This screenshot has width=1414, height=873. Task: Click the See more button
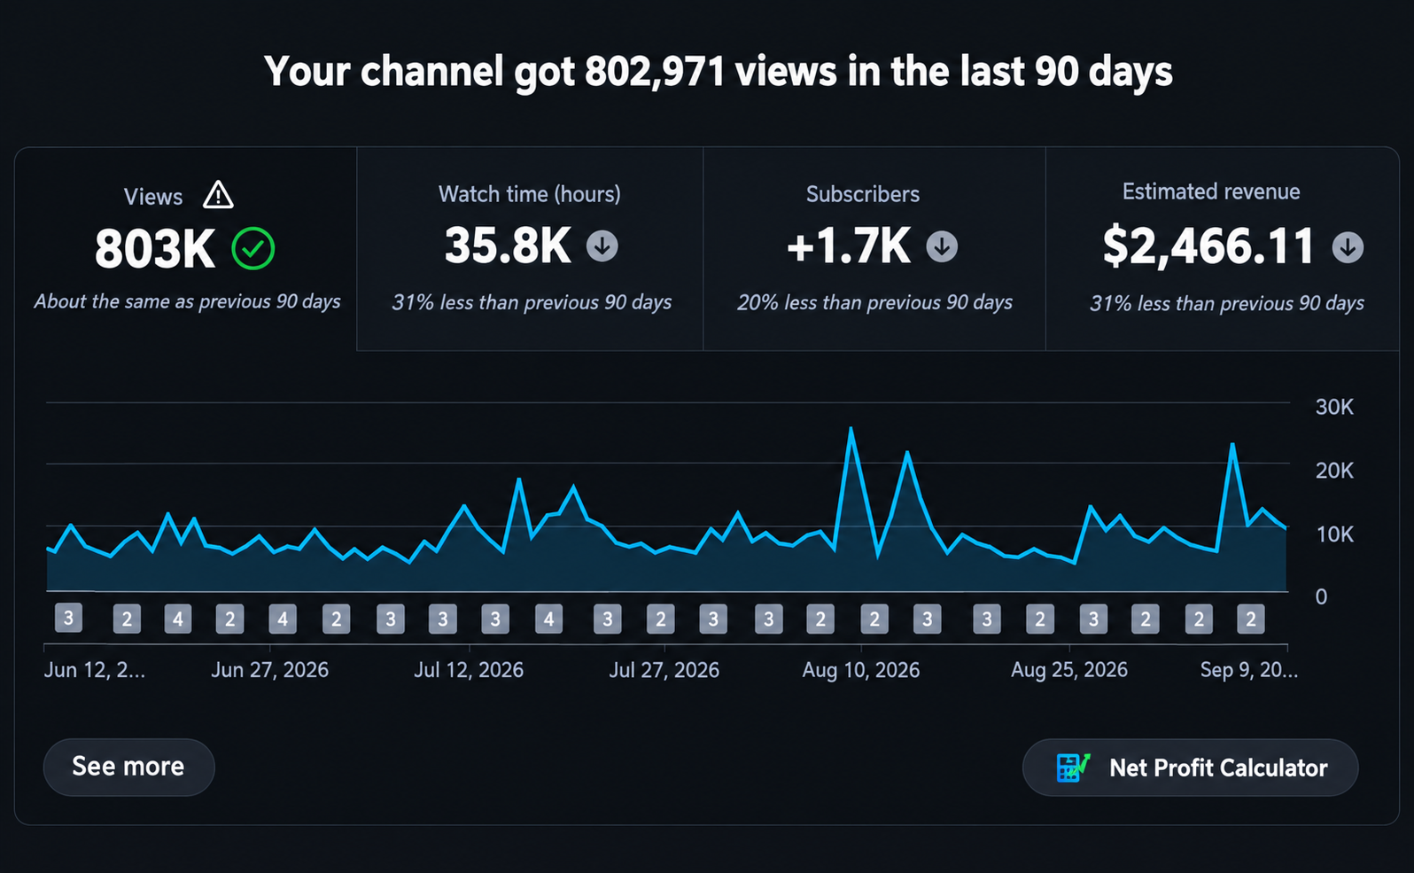(128, 767)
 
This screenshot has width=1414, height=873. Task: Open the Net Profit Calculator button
(1190, 768)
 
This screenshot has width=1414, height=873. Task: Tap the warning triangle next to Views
(219, 195)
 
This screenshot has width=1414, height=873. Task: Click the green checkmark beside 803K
(253, 248)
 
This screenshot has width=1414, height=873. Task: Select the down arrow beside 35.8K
(602, 246)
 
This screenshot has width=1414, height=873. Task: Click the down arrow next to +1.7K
(942, 246)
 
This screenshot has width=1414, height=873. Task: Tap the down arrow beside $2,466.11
(1348, 247)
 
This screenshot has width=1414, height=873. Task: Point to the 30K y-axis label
(1334, 407)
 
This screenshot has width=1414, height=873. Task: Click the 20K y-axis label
(1334, 471)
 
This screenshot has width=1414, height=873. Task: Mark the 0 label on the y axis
(1321, 596)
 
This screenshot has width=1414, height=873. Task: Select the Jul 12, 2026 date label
(469, 669)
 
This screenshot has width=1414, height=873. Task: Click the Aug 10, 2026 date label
(860, 669)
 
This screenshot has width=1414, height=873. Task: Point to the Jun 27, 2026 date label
(269, 669)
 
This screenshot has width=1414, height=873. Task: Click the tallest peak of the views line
(851, 428)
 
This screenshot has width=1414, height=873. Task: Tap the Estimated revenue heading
(1211, 191)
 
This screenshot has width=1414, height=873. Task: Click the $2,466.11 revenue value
(1208, 246)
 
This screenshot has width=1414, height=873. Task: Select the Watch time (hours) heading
(530, 194)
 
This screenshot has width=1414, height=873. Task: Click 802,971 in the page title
(655, 71)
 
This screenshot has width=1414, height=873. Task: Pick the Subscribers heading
(862, 194)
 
